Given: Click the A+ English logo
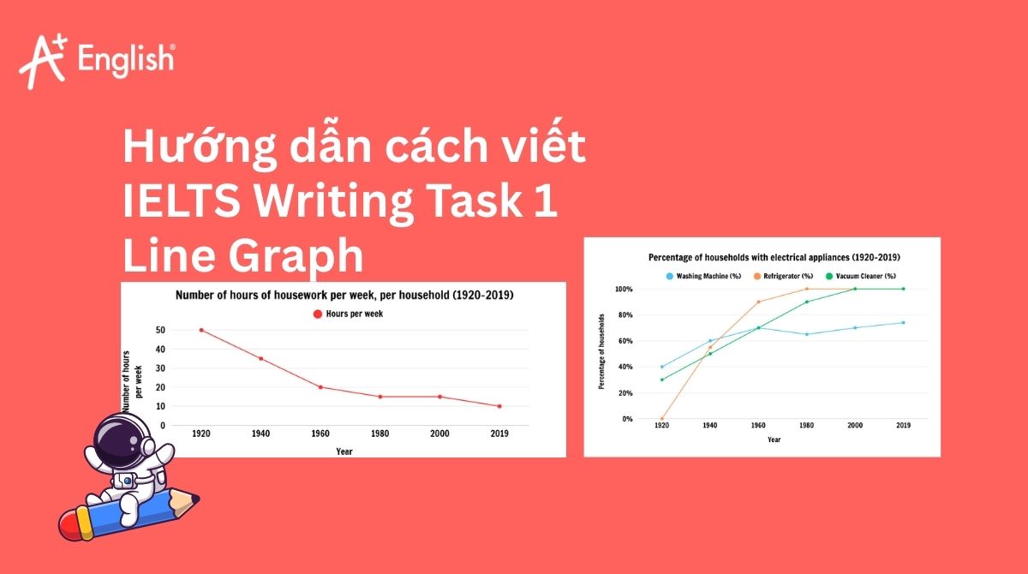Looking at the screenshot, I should click(96, 60).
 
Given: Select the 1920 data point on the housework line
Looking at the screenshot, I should click(201, 330).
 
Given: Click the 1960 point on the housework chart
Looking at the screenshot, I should click(320, 387).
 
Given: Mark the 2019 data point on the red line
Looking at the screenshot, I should click(499, 406).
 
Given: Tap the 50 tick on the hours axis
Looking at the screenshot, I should click(160, 330).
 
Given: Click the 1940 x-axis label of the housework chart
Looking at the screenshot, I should click(260, 433).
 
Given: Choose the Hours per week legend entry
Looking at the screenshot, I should click(348, 314).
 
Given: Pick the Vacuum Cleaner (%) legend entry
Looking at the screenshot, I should click(861, 276).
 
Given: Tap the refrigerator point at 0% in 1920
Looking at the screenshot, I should click(661, 419).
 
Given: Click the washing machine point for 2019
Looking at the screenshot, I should click(903, 323).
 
